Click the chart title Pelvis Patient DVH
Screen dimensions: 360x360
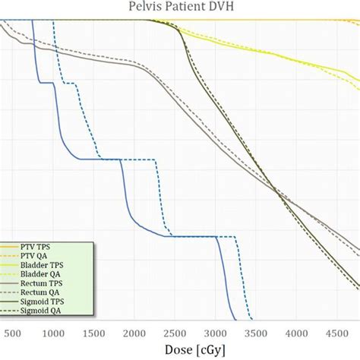180,8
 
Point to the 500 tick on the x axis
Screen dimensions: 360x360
11,333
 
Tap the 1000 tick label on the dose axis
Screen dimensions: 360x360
52,333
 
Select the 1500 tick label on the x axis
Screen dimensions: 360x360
95,333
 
